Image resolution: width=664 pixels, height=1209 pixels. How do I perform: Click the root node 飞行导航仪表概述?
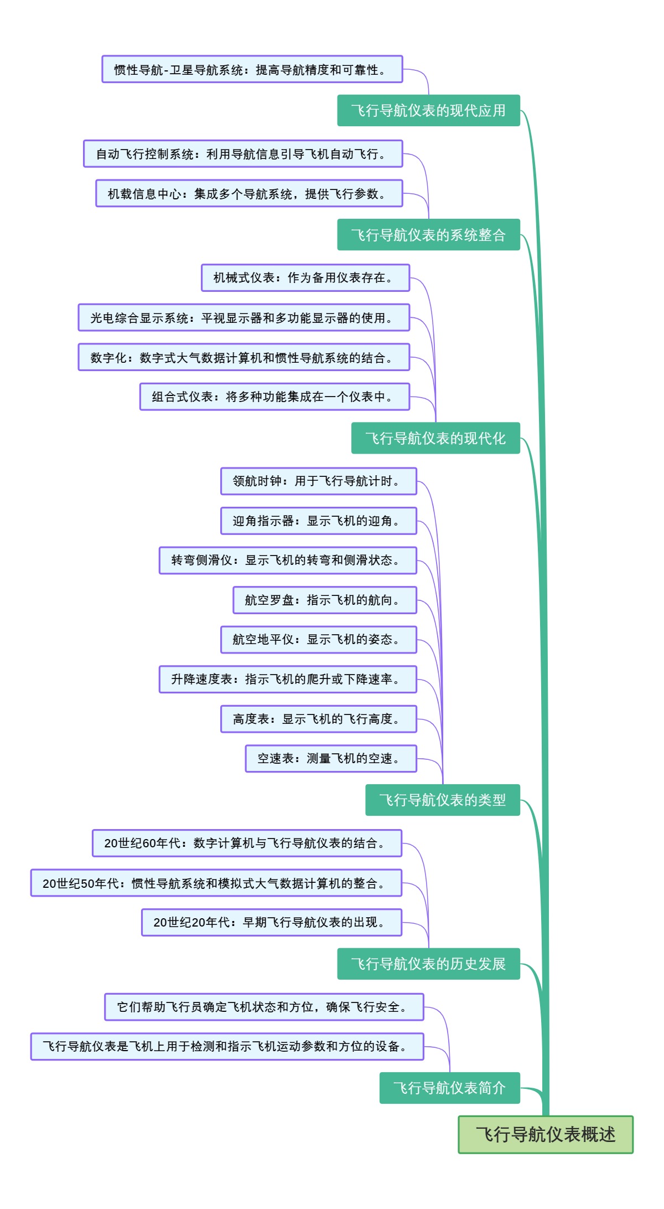pyautogui.click(x=545, y=1134)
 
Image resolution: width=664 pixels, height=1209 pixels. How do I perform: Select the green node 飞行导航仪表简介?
pyautogui.click(x=449, y=1088)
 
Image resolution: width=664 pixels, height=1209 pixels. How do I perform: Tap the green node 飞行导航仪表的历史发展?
pyautogui.click(x=428, y=964)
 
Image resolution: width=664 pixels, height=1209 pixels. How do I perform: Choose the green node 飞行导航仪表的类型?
pyautogui.click(x=442, y=800)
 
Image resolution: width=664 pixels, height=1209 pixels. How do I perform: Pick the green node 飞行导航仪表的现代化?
pyautogui.click(x=435, y=438)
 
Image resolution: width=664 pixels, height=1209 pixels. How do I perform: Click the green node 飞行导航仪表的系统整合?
pyautogui.click(x=428, y=235)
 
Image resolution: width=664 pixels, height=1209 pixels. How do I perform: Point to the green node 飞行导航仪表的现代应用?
pyautogui.click(x=428, y=110)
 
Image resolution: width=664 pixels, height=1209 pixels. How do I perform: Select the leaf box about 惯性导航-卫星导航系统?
pyautogui.click(x=252, y=69)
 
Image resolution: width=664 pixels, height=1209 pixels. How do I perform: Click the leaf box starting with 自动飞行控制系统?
pyautogui.click(x=243, y=153)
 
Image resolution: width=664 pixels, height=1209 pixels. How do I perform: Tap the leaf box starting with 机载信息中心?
pyautogui.click(x=249, y=193)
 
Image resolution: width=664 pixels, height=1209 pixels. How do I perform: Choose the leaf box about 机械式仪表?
pyautogui.click(x=305, y=277)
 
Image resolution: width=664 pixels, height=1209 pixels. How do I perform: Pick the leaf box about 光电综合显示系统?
pyautogui.click(x=243, y=317)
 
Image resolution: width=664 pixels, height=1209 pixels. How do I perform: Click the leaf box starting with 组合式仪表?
pyautogui.click(x=274, y=397)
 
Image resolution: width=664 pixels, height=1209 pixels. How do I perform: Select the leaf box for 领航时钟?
pyautogui.click(x=318, y=481)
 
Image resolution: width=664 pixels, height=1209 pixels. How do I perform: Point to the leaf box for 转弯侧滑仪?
pyautogui.click(x=288, y=560)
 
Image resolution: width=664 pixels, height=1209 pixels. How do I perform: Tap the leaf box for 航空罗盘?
pyautogui.click(x=324, y=600)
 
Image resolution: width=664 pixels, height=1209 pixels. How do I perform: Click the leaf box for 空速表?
pyautogui.click(x=330, y=758)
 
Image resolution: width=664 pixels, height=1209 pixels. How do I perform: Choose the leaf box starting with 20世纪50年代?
pyautogui.click(x=216, y=883)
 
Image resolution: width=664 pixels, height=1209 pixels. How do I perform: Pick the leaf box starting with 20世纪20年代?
pyautogui.click(x=271, y=922)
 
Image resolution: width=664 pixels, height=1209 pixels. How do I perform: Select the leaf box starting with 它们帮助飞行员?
pyautogui.click(x=264, y=1007)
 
